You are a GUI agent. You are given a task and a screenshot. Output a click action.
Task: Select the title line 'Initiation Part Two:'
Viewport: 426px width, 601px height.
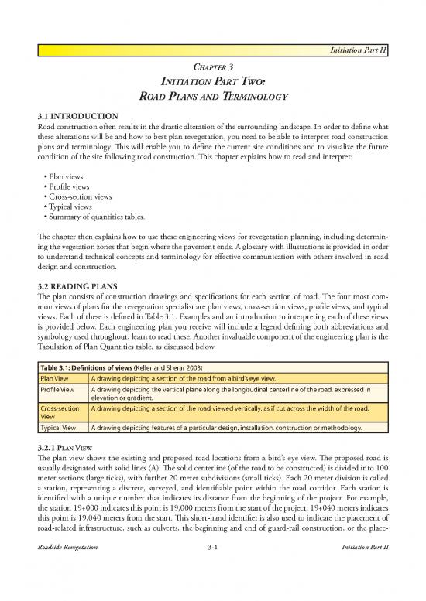(x=212, y=82)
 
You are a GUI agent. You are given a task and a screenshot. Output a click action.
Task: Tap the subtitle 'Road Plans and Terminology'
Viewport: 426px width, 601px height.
(x=212, y=98)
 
